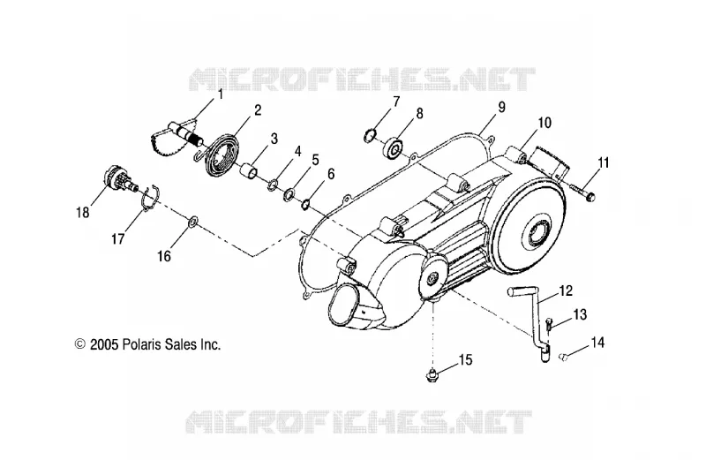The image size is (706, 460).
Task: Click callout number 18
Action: (x=83, y=212)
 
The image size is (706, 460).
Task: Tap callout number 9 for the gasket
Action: (x=501, y=107)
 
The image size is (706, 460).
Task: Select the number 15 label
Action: (x=466, y=360)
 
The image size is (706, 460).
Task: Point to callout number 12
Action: (x=566, y=290)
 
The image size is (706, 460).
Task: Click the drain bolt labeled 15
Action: (x=432, y=374)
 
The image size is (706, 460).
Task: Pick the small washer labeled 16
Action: (x=192, y=222)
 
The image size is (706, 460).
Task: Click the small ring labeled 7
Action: (x=370, y=136)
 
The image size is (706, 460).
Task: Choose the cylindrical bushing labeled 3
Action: (x=249, y=172)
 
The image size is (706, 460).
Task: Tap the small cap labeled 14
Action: (x=562, y=357)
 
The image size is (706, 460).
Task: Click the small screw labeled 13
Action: (x=549, y=324)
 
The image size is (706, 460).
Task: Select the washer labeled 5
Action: (x=289, y=195)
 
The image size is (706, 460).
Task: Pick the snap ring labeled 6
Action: (x=304, y=204)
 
